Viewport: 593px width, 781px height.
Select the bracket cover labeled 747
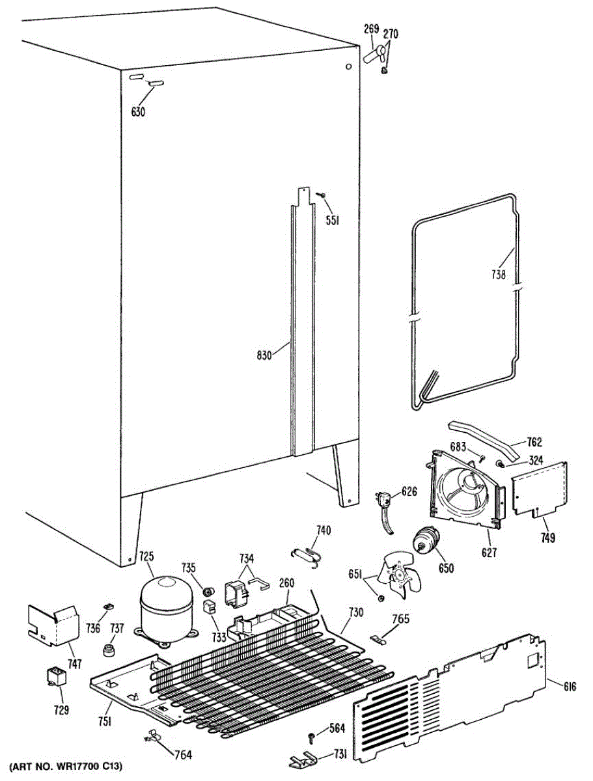[52, 623]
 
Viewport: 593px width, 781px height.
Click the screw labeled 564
[312, 737]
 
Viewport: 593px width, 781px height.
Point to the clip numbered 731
[305, 760]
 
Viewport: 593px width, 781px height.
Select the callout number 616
[570, 685]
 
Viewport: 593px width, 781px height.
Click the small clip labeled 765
[379, 638]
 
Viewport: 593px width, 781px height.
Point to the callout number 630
[138, 112]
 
